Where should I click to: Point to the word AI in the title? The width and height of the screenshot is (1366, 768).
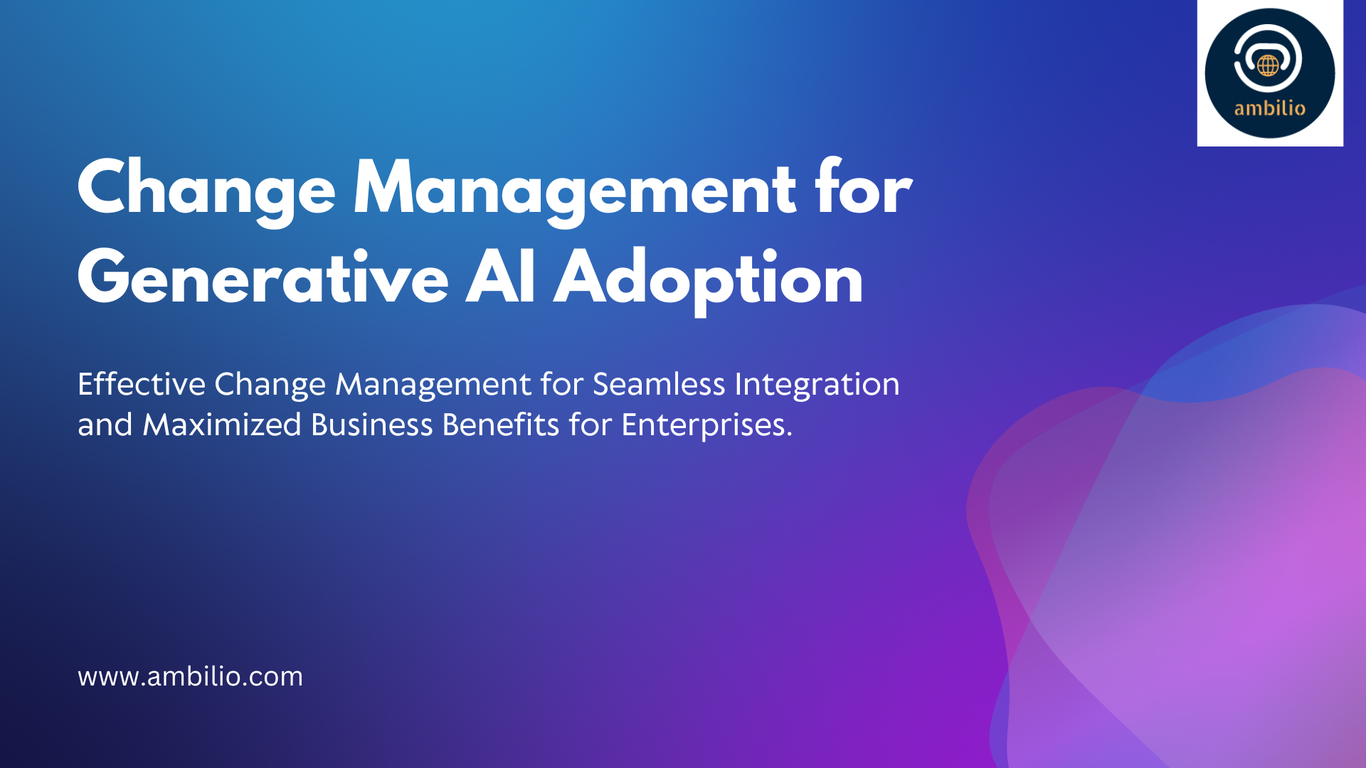[x=500, y=277]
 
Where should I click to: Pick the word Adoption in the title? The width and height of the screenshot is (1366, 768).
[x=709, y=282]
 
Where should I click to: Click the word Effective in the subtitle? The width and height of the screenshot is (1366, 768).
[x=142, y=384]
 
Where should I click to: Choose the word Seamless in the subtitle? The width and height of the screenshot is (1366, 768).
[x=659, y=384]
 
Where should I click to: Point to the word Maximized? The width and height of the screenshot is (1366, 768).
[x=222, y=425]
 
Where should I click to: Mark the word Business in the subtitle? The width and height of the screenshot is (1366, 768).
[x=372, y=425]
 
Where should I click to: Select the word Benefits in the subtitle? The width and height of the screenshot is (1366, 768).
[x=501, y=425]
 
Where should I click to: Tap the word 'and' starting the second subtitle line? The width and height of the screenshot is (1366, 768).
[x=105, y=425]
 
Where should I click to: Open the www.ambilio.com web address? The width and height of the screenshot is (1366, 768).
[x=190, y=676]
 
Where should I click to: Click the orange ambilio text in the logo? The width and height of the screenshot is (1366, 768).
[x=1270, y=108]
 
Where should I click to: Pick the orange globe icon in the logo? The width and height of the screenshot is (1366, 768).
[x=1268, y=65]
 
